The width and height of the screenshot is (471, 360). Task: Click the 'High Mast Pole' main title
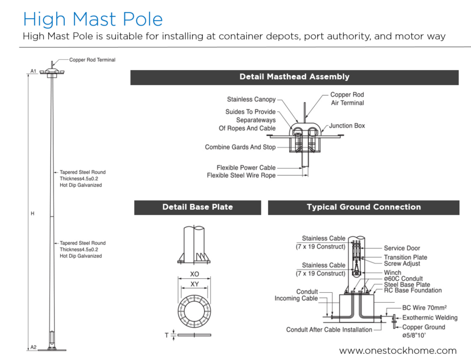pyautogui.click(x=93, y=19)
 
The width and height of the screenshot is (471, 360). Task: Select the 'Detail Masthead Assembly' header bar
pyautogui.click(x=294, y=77)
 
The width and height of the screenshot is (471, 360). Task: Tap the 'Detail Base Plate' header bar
pyautogui.click(x=198, y=207)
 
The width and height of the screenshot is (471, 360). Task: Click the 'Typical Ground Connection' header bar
pyautogui.click(x=363, y=207)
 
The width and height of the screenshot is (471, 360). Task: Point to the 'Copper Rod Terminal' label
pyautogui.click(x=92, y=60)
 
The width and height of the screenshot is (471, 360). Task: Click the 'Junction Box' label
pyautogui.click(x=347, y=126)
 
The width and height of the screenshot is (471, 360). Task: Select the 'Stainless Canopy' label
pyautogui.click(x=251, y=99)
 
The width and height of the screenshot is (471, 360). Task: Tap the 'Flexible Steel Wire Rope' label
pyautogui.click(x=241, y=176)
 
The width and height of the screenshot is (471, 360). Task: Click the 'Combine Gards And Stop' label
pyautogui.click(x=240, y=147)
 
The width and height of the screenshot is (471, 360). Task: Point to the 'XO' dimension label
pyautogui.click(x=194, y=274)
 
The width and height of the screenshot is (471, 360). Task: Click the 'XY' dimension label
pyautogui.click(x=194, y=285)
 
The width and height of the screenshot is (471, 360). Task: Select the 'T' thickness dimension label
pyautogui.click(x=167, y=335)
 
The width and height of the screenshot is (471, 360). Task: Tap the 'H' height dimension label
pyautogui.click(x=33, y=213)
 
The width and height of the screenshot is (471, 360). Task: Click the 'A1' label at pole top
pyautogui.click(x=33, y=71)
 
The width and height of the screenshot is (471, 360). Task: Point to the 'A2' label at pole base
pyautogui.click(x=33, y=347)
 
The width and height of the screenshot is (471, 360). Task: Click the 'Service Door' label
pyautogui.click(x=402, y=248)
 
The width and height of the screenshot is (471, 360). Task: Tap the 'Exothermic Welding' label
pyautogui.click(x=430, y=318)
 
